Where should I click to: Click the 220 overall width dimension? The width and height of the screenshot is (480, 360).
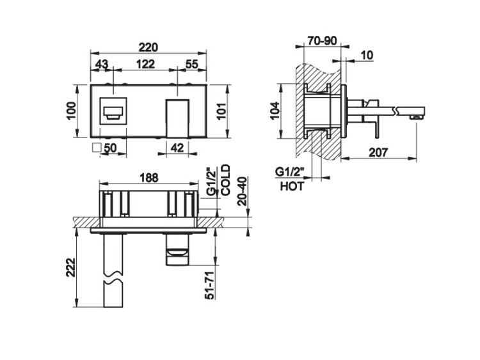pos(148,47)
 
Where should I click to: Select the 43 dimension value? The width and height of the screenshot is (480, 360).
pos(102,64)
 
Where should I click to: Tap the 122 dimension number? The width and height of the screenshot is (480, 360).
pos(145,64)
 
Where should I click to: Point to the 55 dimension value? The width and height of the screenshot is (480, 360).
pos(192,64)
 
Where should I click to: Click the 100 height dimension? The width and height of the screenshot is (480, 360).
pos(71,111)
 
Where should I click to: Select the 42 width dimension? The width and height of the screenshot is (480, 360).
pos(177,148)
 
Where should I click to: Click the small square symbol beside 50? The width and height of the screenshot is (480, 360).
pos(97,148)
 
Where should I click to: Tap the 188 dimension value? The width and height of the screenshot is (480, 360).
pos(148,178)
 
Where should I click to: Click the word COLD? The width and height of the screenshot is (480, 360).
pos(225,180)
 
